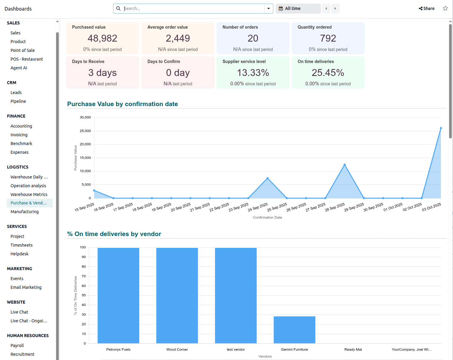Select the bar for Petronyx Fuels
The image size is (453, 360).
point(118,295)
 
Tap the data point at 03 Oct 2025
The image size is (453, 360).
point(441,128)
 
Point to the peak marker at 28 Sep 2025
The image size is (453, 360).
point(344,165)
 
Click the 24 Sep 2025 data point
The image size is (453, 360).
point(268,178)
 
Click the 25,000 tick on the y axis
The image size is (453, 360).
point(85,131)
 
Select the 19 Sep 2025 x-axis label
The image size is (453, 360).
point(161,207)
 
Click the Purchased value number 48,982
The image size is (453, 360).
point(102,38)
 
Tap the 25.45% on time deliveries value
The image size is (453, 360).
point(328,73)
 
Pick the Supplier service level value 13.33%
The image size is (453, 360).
point(253,73)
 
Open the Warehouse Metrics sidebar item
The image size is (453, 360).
point(29,194)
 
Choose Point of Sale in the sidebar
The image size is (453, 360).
point(23,50)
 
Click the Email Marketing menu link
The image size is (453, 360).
point(26,287)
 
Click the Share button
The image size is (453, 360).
point(426,8)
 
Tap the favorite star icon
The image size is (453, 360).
point(445,8)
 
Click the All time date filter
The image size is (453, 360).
point(298,8)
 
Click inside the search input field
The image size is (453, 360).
point(193,8)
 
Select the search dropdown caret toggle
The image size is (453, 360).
point(268,8)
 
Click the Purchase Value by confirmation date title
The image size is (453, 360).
point(122,104)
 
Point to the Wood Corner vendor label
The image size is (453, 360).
point(177,349)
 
